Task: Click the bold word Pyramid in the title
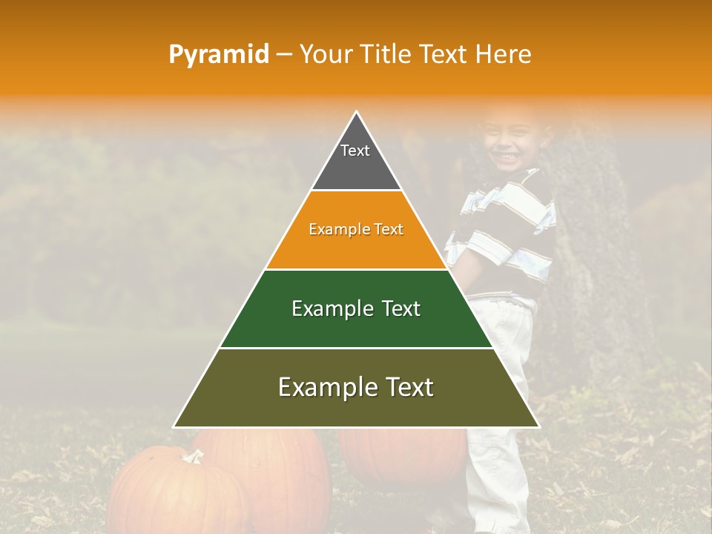click(x=218, y=55)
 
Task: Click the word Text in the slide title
click(x=444, y=55)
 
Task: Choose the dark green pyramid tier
click(x=356, y=326)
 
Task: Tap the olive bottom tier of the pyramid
click(x=356, y=406)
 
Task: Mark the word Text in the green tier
click(x=396, y=309)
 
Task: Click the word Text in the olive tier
click(x=408, y=387)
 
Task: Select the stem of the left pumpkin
click(x=194, y=455)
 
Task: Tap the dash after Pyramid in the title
click(x=284, y=55)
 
